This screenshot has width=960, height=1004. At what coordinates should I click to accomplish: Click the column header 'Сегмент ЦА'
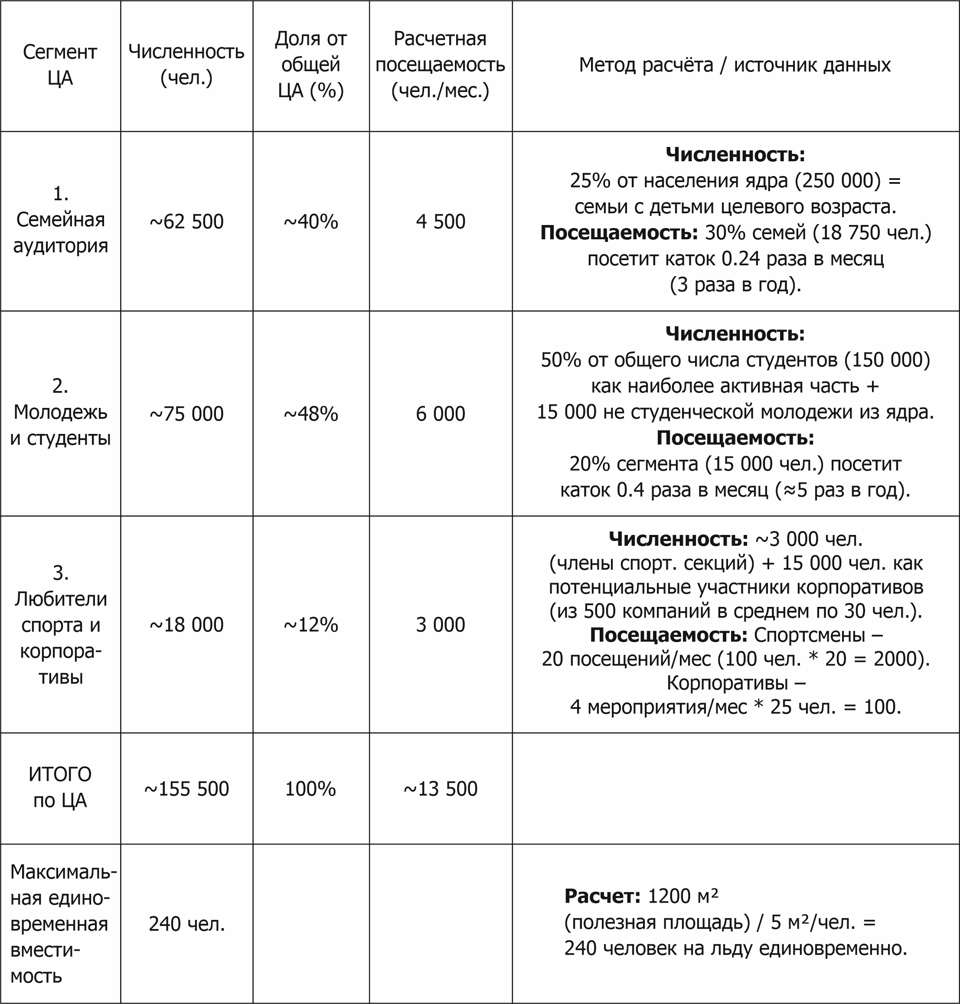pos(60,65)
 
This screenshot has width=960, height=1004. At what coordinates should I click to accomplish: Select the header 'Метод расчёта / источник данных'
pos(735,65)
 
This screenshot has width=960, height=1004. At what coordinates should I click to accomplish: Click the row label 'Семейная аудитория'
pos(60,220)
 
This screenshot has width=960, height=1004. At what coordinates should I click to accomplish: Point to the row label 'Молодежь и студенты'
pos(60,412)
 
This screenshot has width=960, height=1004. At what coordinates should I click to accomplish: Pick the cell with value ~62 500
pos(186,222)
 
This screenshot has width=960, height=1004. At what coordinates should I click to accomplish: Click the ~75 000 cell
pos(186,414)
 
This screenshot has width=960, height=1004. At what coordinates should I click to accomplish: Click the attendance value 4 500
pos(440,222)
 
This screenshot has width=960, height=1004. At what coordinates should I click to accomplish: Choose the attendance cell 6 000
pos(440,414)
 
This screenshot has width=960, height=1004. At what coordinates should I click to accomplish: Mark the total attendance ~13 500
pos(440,789)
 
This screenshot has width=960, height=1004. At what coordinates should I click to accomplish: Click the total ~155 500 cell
pos(186,789)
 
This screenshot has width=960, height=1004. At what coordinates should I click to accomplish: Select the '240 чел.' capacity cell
pos(186,924)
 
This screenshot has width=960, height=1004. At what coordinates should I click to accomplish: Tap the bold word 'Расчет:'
pos(602,896)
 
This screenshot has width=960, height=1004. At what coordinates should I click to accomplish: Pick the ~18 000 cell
pos(186,625)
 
